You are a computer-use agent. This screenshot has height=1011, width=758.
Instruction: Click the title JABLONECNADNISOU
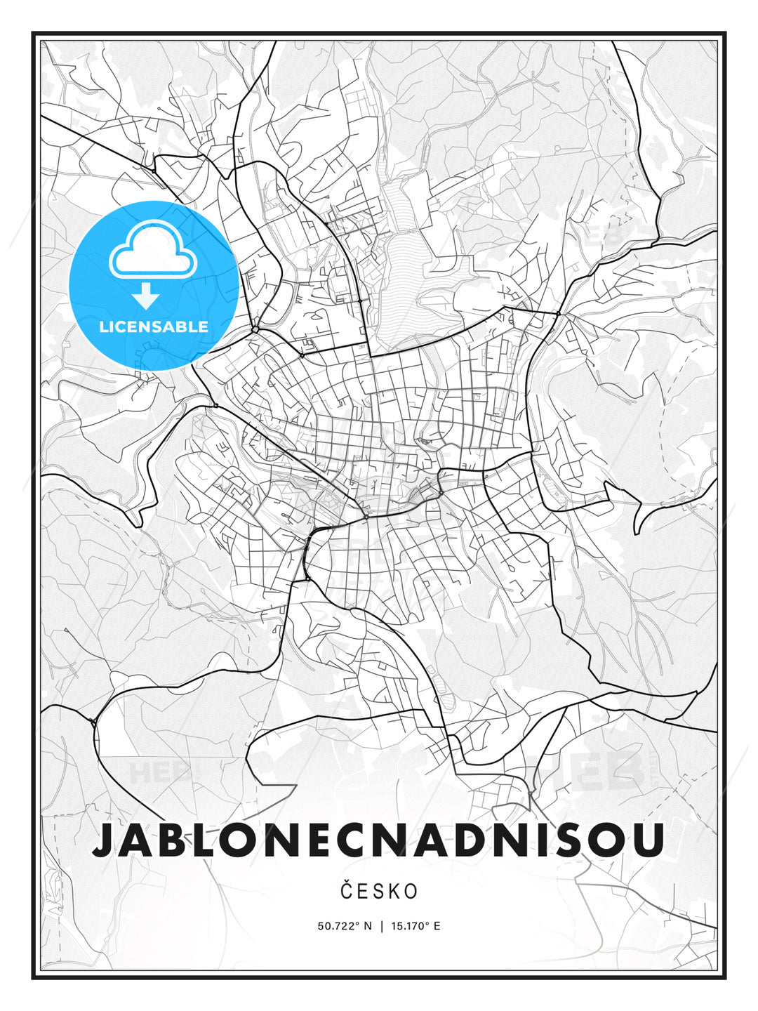(378, 840)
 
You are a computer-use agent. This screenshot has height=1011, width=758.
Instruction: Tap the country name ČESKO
(378, 892)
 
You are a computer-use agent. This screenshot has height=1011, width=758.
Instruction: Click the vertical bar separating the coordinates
(381, 926)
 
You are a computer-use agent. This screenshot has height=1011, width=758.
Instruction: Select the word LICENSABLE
(154, 326)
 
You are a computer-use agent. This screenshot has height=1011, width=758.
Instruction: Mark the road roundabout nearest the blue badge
(255, 329)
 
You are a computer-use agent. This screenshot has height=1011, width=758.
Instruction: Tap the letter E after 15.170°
(437, 926)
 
